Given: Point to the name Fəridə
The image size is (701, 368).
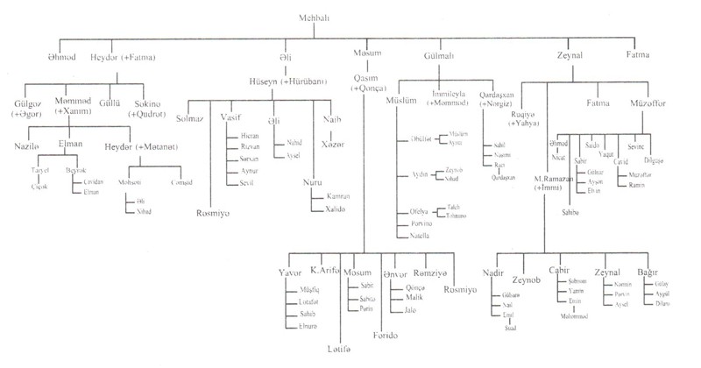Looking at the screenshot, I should tap(385, 336).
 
